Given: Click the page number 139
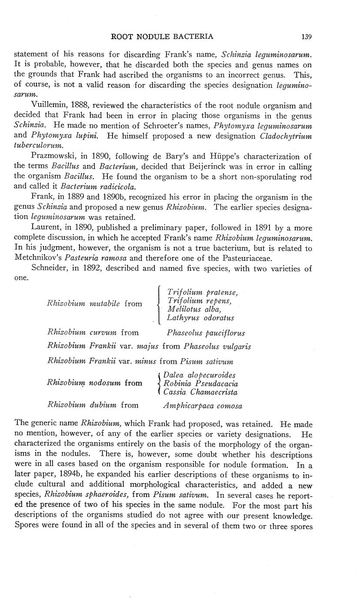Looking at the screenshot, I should pyautogui.click(x=307, y=37).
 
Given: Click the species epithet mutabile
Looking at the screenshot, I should pyautogui.click(x=105, y=303).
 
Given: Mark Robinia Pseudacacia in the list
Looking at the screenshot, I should pyautogui.click(x=201, y=383).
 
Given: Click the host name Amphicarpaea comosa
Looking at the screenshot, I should pyautogui.click(x=203, y=406).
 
